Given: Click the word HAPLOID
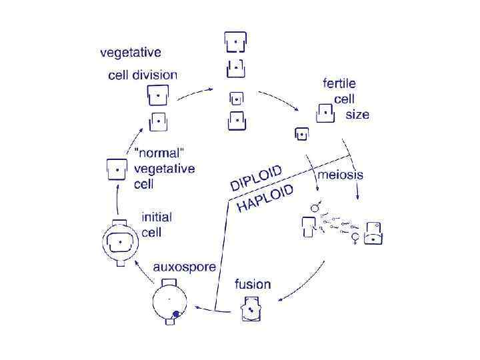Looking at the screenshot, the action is click(x=265, y=198).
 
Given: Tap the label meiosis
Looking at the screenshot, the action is click(x=340, y=175).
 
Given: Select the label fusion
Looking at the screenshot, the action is click(x=253, y=284).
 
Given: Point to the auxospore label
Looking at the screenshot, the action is click(x=185, y=267).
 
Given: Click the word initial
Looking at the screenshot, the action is click(x=157, y=217).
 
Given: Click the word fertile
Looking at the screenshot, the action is click(x=339, y=84).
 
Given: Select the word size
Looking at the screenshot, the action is click(x=357, y=115).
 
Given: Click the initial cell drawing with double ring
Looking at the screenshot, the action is click(x=121, y=242).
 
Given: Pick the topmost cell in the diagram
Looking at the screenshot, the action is click(x=235, y=43).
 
